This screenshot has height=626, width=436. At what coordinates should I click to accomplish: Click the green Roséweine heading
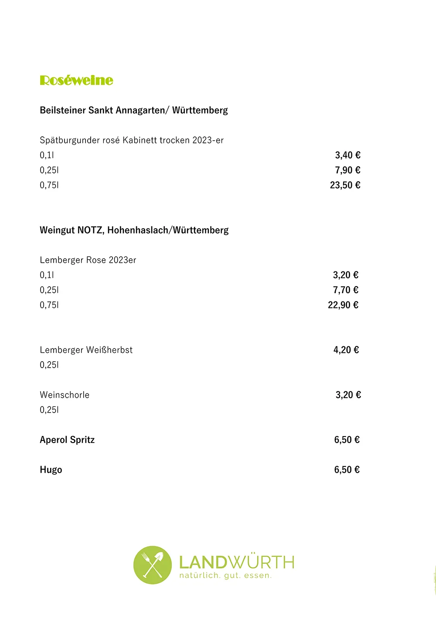pyautogui.click(x=76, y=81)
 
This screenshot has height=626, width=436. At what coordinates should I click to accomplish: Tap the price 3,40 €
pyautogui.click(x=347, y=155)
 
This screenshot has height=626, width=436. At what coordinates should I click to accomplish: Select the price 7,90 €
pyautogui.click(x=347, y=170)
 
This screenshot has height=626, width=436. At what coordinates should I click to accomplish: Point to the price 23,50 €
pyautogui.click(x=345, y=185)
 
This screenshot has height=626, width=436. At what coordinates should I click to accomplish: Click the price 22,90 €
pyautogui.click(x=343, y=305)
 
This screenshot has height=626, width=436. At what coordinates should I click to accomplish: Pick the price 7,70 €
pyautogui.click(x=345, y=290)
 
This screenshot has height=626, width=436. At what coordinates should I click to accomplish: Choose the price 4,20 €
pyautogui.click(x=346, y=350)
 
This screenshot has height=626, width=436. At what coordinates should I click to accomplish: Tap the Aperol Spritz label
pyautogui.click(x=67, y=440)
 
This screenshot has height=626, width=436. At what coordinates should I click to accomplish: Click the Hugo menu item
pyautogui.click(x=51, y=470)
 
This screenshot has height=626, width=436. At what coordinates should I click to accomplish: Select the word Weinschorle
pyautogui.click(x=65, y=395)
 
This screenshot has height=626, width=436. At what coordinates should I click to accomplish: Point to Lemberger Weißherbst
pyautogui.click(x=86, y=350)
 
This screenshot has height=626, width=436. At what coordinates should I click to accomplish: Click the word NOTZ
pyautogui.click(x=90, y=230)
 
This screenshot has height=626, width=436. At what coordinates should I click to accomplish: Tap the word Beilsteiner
pyautogui.click(x=63, y=110)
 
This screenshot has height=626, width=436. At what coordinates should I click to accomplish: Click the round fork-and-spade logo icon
pyautogui.click(x=152, y=565)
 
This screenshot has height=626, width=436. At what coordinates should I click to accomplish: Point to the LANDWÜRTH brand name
pyautogui.click(x=237, y=562)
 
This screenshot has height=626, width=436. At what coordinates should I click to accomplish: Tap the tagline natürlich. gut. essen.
pyautogui.click(x=225, y=576)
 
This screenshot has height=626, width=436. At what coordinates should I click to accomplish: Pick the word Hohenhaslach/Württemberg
pyautogui.click(x=168, y=230)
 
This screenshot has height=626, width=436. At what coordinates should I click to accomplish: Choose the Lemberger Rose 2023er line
pyautogui.click(x=88, y=260)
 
